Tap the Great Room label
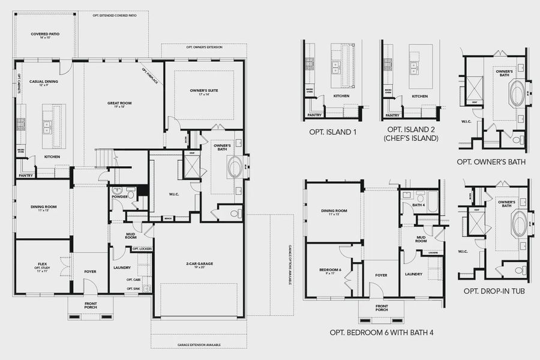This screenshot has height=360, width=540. pos(119,104)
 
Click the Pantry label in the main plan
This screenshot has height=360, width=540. pos(25,176)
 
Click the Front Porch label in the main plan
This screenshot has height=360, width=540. pos(90,305)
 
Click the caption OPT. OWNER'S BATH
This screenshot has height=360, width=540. pos(491,162)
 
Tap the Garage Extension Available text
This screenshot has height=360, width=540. pos(199,345)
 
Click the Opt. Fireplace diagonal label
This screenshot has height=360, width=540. pos(150,76)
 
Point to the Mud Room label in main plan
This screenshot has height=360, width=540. pos(131,236)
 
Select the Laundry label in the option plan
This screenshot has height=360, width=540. pos(413,274)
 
